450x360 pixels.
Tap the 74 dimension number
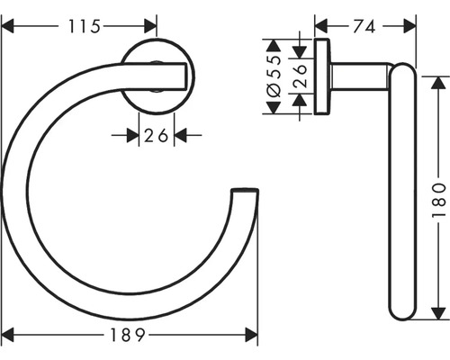click(363, 28)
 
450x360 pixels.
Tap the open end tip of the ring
click(245, 192)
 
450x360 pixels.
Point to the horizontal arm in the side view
click(360, 75)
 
